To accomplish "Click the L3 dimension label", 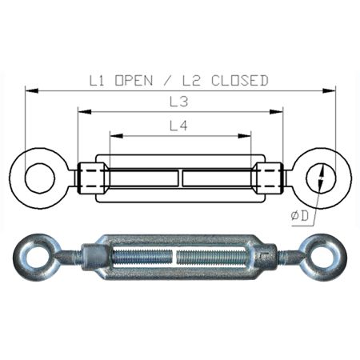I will coord(181,102).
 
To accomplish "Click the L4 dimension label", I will coord(181,126).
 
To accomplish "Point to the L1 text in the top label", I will coord(98,80).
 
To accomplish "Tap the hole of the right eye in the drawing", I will coord(321,178).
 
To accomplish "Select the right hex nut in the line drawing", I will coord(268,177).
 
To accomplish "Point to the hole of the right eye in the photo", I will coord(326,258).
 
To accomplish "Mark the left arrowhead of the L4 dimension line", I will coord(113,135).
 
